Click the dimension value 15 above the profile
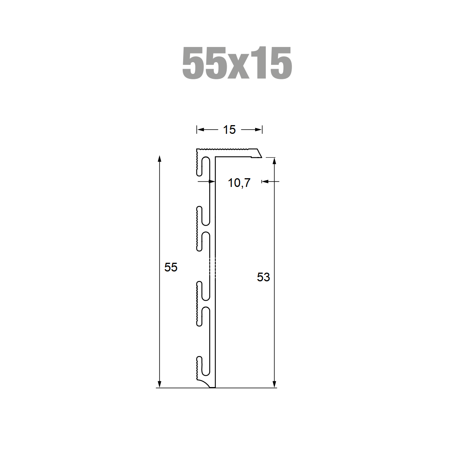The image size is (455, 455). [229, 130]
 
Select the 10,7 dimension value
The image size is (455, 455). [239, 183]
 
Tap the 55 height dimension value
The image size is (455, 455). [171, 267]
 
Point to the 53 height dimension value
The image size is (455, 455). [263, 277]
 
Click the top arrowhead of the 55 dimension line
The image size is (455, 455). [159, 158]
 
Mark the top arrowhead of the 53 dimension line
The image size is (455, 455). [274, 161]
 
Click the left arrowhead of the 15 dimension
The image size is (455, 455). [200, 130]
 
